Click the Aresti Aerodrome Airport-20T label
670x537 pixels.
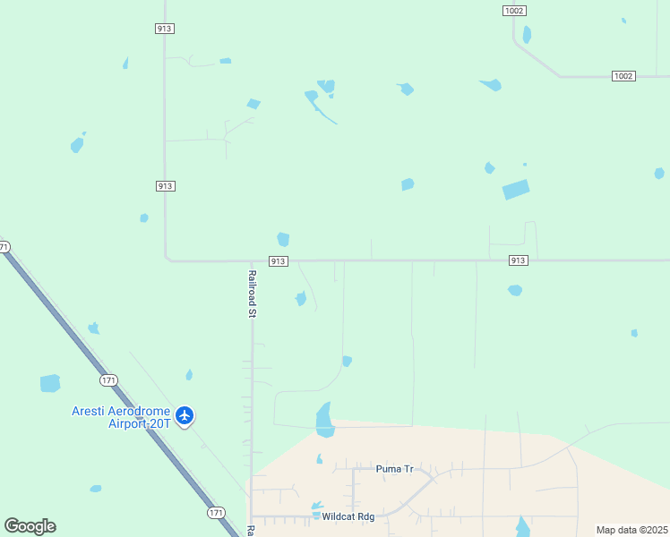122,417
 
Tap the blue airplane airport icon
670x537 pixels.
185,415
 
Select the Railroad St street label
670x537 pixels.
253,294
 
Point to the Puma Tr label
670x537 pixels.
394,468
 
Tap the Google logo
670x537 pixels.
30,526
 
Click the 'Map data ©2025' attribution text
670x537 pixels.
631,530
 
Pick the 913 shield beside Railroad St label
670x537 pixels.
278,261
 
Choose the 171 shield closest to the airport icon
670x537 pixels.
109,380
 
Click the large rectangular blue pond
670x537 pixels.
515,190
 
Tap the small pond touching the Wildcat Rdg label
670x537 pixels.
316,515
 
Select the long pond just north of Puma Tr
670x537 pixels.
324,419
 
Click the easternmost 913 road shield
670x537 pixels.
518,260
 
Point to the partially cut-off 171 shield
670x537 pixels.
4,247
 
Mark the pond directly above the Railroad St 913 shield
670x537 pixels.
283,239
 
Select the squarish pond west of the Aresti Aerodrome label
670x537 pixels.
50,383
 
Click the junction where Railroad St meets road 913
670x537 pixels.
251,261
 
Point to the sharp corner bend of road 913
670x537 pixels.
167,260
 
